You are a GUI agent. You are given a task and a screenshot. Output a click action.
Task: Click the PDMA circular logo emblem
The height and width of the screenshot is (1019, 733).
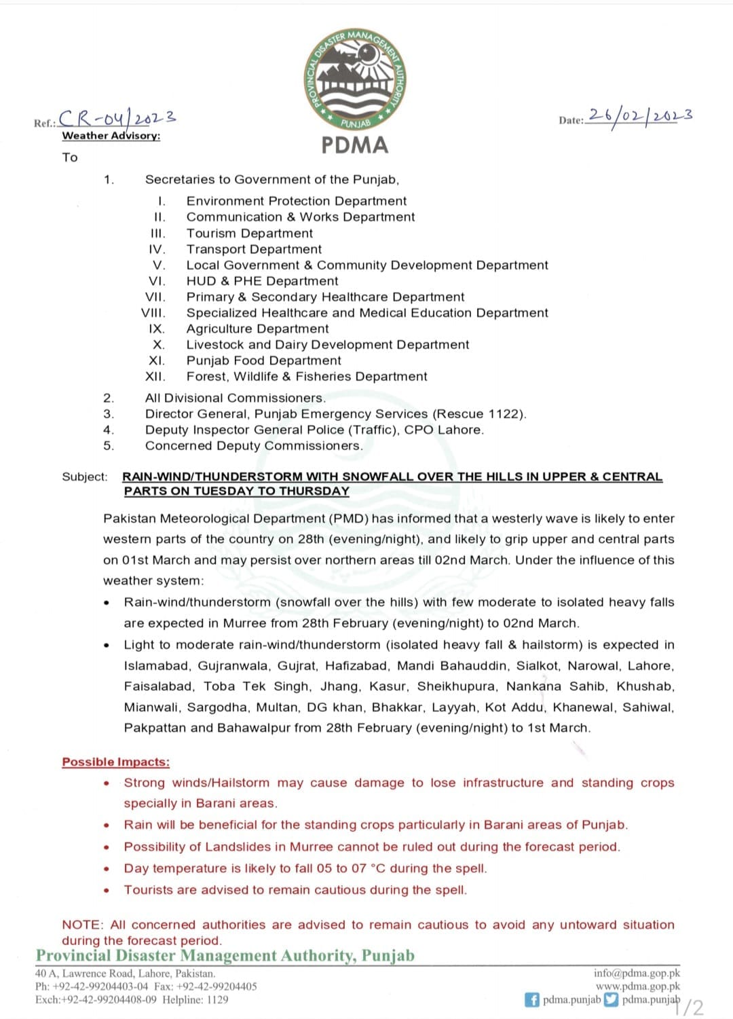354,80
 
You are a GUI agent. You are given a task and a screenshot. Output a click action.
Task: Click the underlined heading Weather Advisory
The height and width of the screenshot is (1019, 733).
111,136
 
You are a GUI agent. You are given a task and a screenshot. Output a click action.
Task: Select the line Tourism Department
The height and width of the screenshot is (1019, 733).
249,233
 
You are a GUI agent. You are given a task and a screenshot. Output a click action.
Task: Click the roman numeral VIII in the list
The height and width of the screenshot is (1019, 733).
153,313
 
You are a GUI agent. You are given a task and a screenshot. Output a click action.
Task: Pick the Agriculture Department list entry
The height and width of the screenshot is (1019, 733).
257,329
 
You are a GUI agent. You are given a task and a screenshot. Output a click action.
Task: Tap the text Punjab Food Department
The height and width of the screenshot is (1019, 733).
263,360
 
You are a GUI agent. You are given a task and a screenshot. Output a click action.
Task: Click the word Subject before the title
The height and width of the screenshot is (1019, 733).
84,477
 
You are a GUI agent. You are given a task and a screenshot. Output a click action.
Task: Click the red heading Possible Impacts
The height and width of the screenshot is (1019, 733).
115,762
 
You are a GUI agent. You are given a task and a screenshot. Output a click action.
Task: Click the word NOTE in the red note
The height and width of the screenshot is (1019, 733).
81,925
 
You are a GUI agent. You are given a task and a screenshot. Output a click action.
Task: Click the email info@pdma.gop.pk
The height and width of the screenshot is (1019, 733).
636,973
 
